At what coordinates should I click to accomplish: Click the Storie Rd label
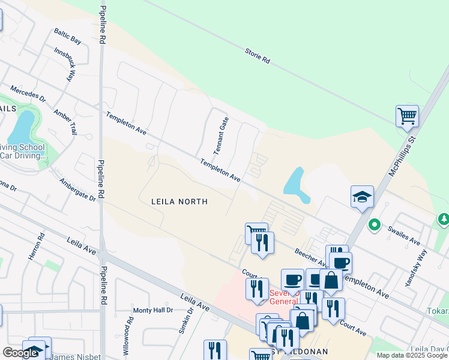(x=258, y=57)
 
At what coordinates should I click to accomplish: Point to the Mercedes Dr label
(x=28, y=93)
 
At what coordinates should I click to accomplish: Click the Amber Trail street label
(x=66, y=122)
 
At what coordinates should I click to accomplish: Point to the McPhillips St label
(x=402, y=155)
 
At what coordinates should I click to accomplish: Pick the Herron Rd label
(x=34, y=247)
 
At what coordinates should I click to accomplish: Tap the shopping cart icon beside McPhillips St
(x=407, y=115)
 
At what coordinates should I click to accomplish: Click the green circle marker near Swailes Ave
(x=375, y=226)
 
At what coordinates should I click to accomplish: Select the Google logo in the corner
(x=20, y=353)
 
